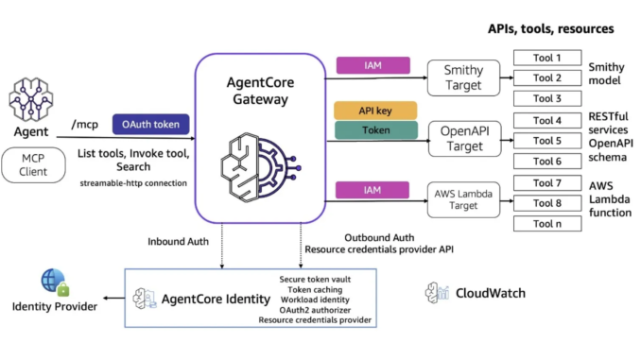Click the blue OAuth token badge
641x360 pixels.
click(x=152, y=124)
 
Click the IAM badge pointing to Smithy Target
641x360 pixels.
click(x=373, y=65)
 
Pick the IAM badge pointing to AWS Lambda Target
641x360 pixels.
click(x=373, y=191)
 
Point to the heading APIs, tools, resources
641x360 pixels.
click(x=551, y=29)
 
